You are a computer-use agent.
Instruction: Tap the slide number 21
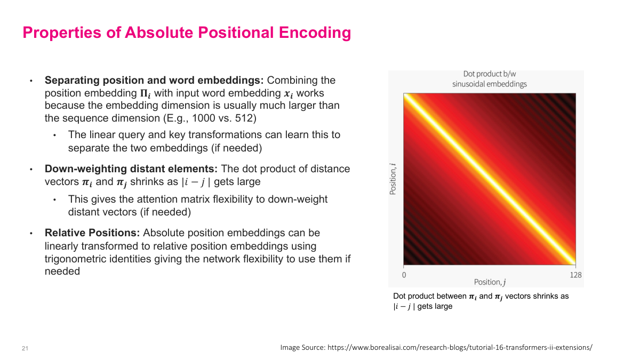click(x=25, y=348)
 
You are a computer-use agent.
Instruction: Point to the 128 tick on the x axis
click(x=575, y=275)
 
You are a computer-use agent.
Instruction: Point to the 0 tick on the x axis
click(x=404, y=275)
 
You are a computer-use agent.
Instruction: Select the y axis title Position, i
click(x=393, y=180)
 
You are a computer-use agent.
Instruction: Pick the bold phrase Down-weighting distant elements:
click(x=131, y=169)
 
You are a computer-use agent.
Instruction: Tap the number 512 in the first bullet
click(x=244, y=118)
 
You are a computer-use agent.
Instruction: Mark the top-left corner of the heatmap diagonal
click(x=405, y=95)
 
